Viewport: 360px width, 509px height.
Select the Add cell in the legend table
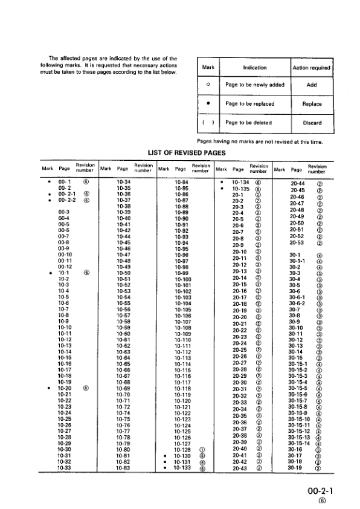point(312,85)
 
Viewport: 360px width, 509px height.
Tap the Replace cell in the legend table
point(312,104)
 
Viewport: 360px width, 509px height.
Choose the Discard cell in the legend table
point(312,123)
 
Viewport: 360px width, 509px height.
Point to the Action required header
point(312,68)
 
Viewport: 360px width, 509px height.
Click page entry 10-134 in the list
point(242,180)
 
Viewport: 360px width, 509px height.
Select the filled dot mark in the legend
point(208,104)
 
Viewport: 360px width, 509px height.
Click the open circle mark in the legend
point(208,85)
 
